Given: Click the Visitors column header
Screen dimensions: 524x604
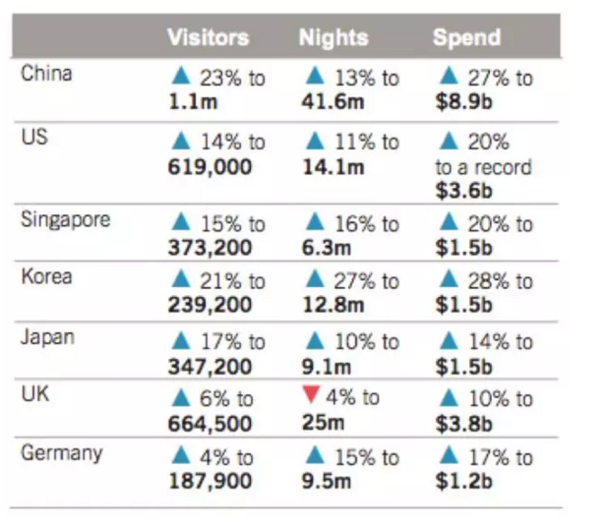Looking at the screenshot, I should pyautogui.click(x=208, y=38).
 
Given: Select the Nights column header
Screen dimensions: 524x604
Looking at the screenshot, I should pyautogui.click(x=333, y=38).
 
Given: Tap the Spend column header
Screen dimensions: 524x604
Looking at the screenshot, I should pyautogui.click(x=466, y=38).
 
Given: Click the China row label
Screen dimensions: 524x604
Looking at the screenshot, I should pyautogui.click(x=46, y=74).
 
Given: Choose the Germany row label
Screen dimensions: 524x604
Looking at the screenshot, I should pyautogui.click(x=61, y=454).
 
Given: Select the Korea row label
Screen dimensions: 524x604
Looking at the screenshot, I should pyautogui.click(x=46, y=276).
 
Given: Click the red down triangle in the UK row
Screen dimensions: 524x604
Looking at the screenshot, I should pyautogui.click(x=314, y=397).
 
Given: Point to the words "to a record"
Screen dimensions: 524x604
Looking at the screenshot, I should pyautogui.click(x=483, y=167).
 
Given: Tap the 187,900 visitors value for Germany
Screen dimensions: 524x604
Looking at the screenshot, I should pyautogui.click(x=211, y=482).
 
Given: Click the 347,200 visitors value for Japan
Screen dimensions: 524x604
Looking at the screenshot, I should pyautogui.click(x=211, y=366).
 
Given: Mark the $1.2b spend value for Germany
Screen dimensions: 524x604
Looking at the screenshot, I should pyautogui.click(x=463, y=482).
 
